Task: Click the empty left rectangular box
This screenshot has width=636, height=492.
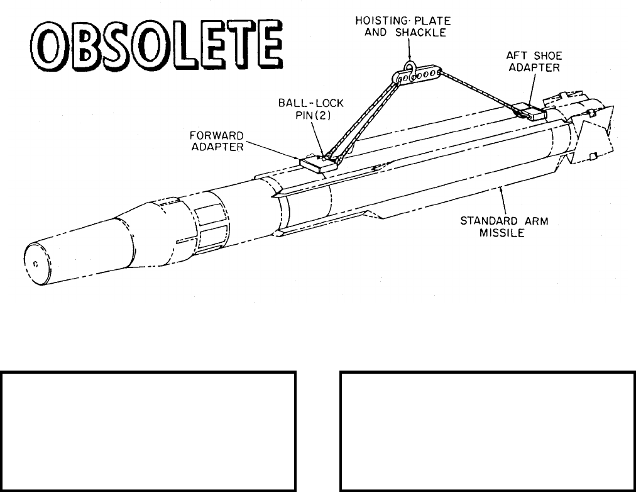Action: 148,431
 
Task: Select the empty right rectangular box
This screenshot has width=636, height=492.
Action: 487,431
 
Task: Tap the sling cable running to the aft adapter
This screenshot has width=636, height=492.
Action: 478,91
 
